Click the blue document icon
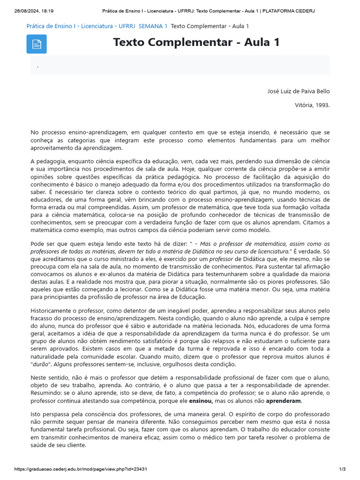(36, 44)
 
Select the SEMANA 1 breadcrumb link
(153, 26)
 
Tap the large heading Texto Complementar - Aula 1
(196, 42)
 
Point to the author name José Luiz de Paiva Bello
(298, 91)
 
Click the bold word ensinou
(201, 401)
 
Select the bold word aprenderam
(284, 401)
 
